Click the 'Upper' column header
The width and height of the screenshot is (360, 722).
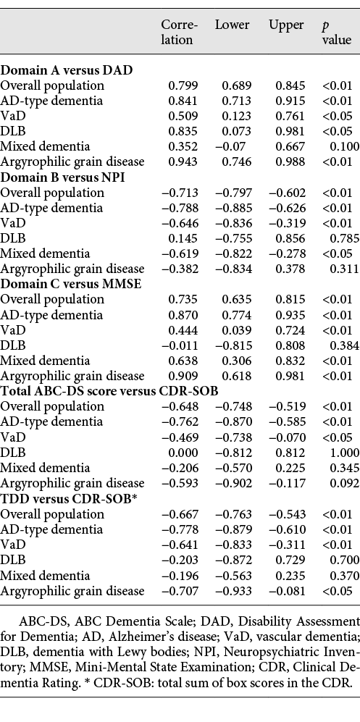(286, 25)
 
